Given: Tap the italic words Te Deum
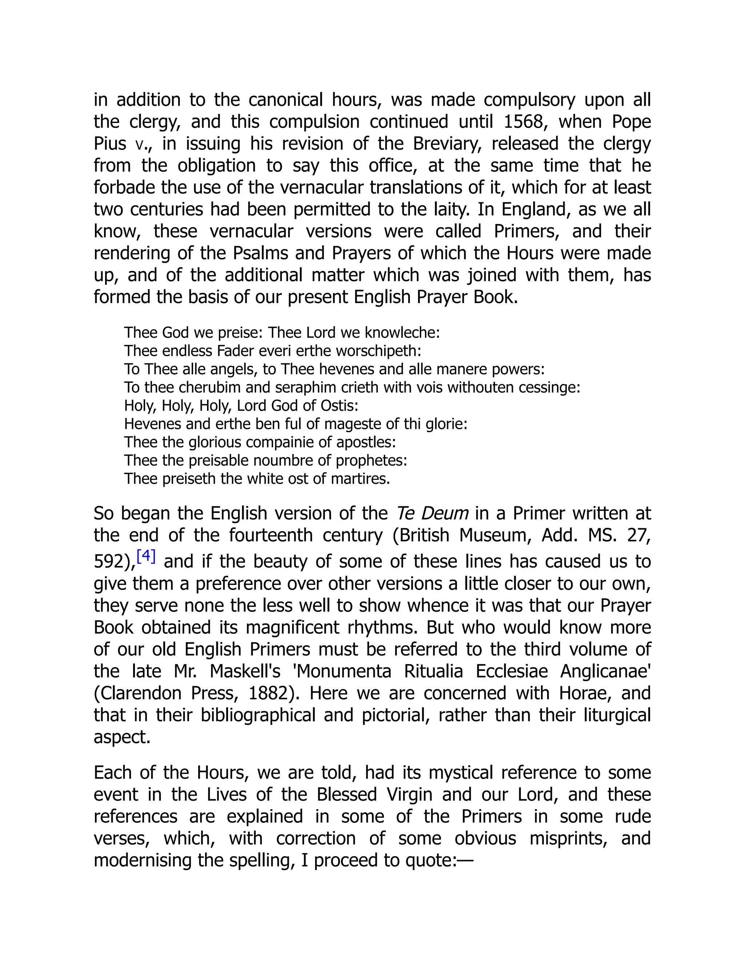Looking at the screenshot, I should [432, 513].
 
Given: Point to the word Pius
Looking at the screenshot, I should [110, 143].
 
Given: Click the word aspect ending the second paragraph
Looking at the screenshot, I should [122, 737].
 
